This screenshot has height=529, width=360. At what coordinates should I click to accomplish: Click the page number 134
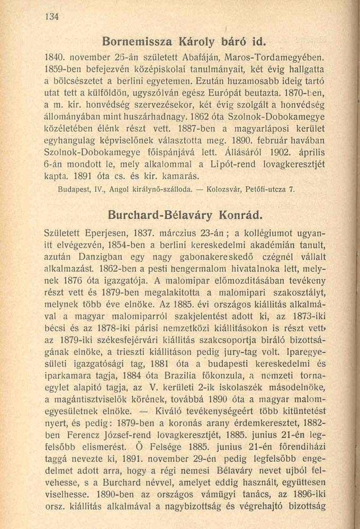[51, 16]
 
